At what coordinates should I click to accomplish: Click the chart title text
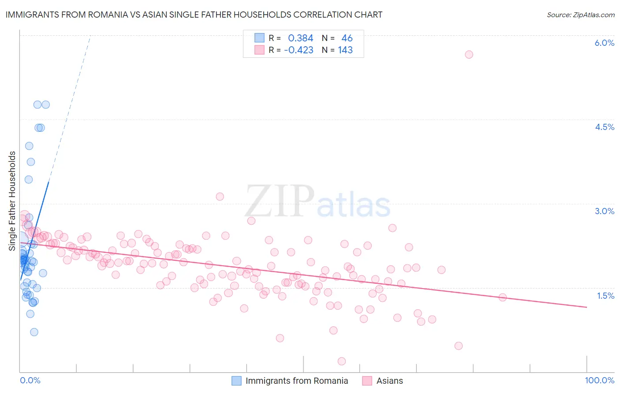click(x=194, y=15)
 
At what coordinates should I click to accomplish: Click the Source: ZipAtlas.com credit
click(x=580, y=15)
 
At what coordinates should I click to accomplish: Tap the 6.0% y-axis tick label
click(x=604, y=43)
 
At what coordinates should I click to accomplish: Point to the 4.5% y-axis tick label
click(x=604, y=127)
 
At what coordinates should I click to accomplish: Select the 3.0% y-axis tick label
click(x=604, y=211)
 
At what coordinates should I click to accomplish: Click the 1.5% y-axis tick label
click(x=605, y=296)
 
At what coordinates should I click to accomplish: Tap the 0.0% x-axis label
click(x=30, y=380)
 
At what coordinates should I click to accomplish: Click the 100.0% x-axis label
click(x=599, y=380)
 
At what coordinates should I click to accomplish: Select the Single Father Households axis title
click(x=12, y=201)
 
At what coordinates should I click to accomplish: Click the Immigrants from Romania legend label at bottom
click(x=296, y=381)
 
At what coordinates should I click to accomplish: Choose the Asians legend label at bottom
click(x=389, y=381)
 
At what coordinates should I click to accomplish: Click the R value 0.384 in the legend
click(x=300, y=38)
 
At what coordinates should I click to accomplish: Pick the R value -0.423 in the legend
click(x=299, y=50)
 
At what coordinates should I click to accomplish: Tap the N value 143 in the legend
click(x=345, y=50)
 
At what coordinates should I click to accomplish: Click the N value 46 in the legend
click(x=347, y=38)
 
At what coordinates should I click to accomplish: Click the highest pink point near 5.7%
click(x=469, y=55)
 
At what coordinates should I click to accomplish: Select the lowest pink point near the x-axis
click(x=341, y=361)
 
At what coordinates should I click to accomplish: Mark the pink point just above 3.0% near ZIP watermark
click(x=220, y=196)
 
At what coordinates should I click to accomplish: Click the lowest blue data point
click(x=34, y=332)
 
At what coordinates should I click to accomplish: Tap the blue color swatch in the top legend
click(x=259, y=38)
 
